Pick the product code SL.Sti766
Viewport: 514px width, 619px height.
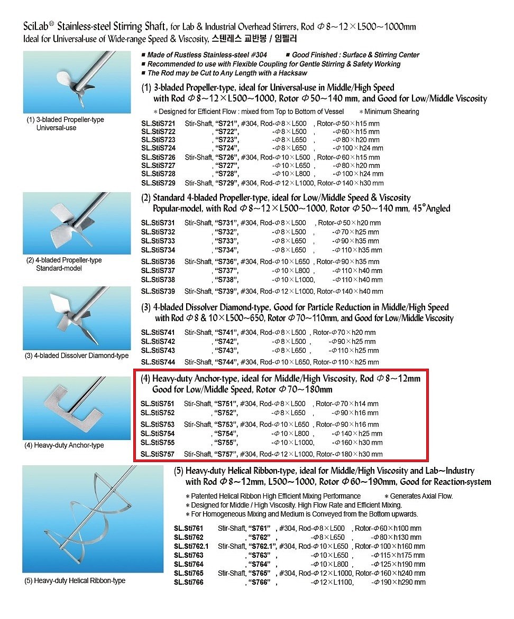point(188,583)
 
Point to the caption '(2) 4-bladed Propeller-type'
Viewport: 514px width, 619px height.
point(64,260)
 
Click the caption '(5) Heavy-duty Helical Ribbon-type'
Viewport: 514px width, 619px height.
point(75,581)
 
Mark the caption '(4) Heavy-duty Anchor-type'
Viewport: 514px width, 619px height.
point(64,445)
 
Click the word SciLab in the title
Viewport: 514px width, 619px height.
point(36,26)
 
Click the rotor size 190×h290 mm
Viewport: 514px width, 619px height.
point(399,583)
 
